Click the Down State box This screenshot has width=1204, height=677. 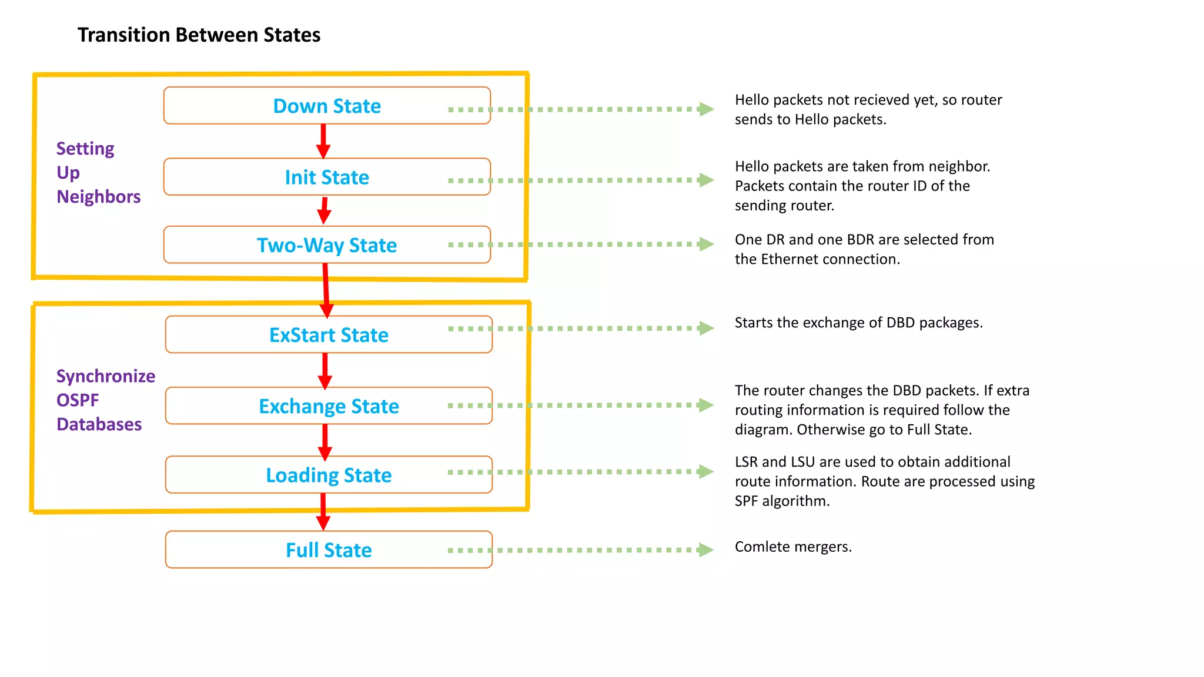click(327, 106)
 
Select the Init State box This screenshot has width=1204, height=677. click(327, 177)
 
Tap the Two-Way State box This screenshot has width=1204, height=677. click(327, 245)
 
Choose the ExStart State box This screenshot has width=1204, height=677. click(329, 335)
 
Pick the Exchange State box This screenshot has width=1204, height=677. click(329, 406)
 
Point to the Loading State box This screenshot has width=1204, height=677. click(329, 475)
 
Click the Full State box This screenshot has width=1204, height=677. click(329, 550)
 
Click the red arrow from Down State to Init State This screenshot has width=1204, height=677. click(323, 141)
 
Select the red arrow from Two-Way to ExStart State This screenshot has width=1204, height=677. click(326, 290)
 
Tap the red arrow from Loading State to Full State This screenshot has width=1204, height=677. click(323, 511)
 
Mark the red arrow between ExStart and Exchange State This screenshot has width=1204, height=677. click(325, 371)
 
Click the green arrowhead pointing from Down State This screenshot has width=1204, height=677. click(706, 109)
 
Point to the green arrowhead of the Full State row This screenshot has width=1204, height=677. click(705, 550)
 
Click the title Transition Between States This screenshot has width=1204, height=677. click(199, 35)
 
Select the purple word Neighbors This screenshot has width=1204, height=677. click(98, 197)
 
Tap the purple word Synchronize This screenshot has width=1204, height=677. click(106, 376)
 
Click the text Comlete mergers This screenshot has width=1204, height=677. click(792, 547)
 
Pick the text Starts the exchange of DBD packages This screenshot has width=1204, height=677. click(858, 323)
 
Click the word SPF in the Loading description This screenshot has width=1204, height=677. click(746, 501)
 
